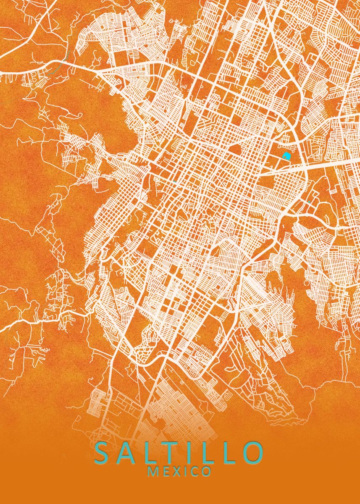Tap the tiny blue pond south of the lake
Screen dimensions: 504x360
(309, 202)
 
